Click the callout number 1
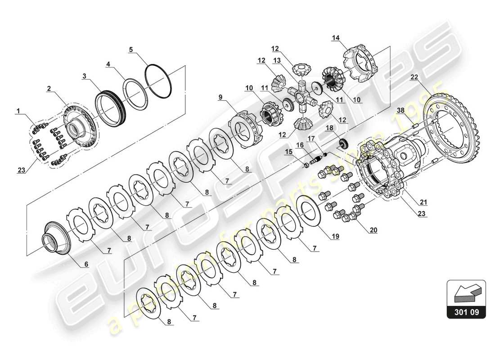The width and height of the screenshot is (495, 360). pos(18,110)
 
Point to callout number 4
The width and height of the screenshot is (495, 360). pos(108,64)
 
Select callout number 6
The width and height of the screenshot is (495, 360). pos(85,265)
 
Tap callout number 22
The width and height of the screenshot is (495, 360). pos(414,77)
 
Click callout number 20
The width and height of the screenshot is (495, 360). pos(373,230)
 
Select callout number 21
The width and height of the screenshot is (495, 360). pos(423,202)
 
